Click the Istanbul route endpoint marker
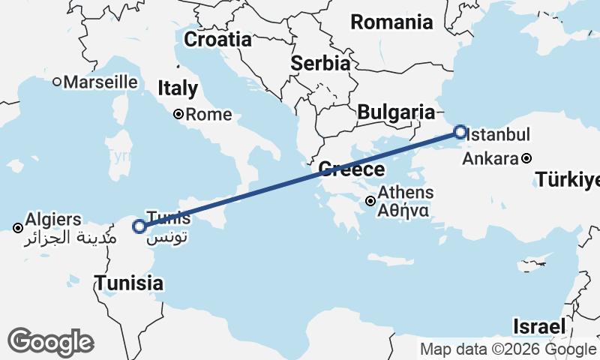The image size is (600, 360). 460,133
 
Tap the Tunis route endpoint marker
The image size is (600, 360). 139,226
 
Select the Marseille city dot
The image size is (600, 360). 56,82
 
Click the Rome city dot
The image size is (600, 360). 178,115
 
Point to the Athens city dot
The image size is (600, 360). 370,201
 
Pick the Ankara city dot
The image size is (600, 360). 527,158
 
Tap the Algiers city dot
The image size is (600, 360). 17,227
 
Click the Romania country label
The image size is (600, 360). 391,22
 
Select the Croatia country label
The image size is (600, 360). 217,39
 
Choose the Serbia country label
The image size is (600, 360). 320,63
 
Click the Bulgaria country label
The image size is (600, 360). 396,112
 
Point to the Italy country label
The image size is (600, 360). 178,88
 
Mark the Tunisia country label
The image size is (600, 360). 128,283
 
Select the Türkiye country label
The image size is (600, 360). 568,180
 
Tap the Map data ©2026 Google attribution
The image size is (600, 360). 508,349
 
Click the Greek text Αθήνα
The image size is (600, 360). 403,211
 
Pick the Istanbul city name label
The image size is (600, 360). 498,135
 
